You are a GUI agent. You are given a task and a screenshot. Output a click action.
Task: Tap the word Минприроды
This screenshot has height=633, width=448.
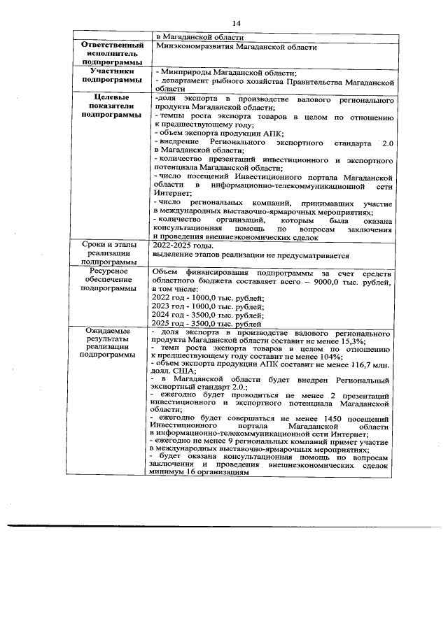point(184,72)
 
